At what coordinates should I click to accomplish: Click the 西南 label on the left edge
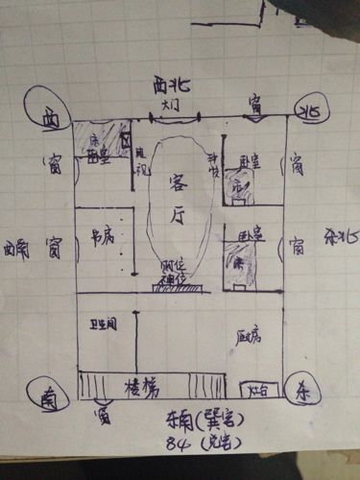click(x=16, y=252)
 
